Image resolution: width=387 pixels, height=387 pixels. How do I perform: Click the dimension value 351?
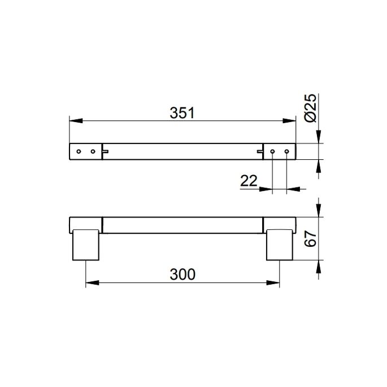[182, 113]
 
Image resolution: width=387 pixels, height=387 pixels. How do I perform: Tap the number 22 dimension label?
[249, 181]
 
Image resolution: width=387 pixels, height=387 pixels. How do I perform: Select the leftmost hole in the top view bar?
[79, 151]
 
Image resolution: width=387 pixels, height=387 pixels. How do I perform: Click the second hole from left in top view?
[92, 151]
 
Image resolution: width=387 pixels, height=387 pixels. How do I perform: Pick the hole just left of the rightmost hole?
[273, 151]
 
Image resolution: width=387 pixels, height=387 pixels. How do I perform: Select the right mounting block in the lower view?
[280, 243]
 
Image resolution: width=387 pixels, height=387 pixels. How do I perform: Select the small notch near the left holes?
[105, 151]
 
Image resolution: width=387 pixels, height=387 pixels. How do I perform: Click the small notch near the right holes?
[260, 151]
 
